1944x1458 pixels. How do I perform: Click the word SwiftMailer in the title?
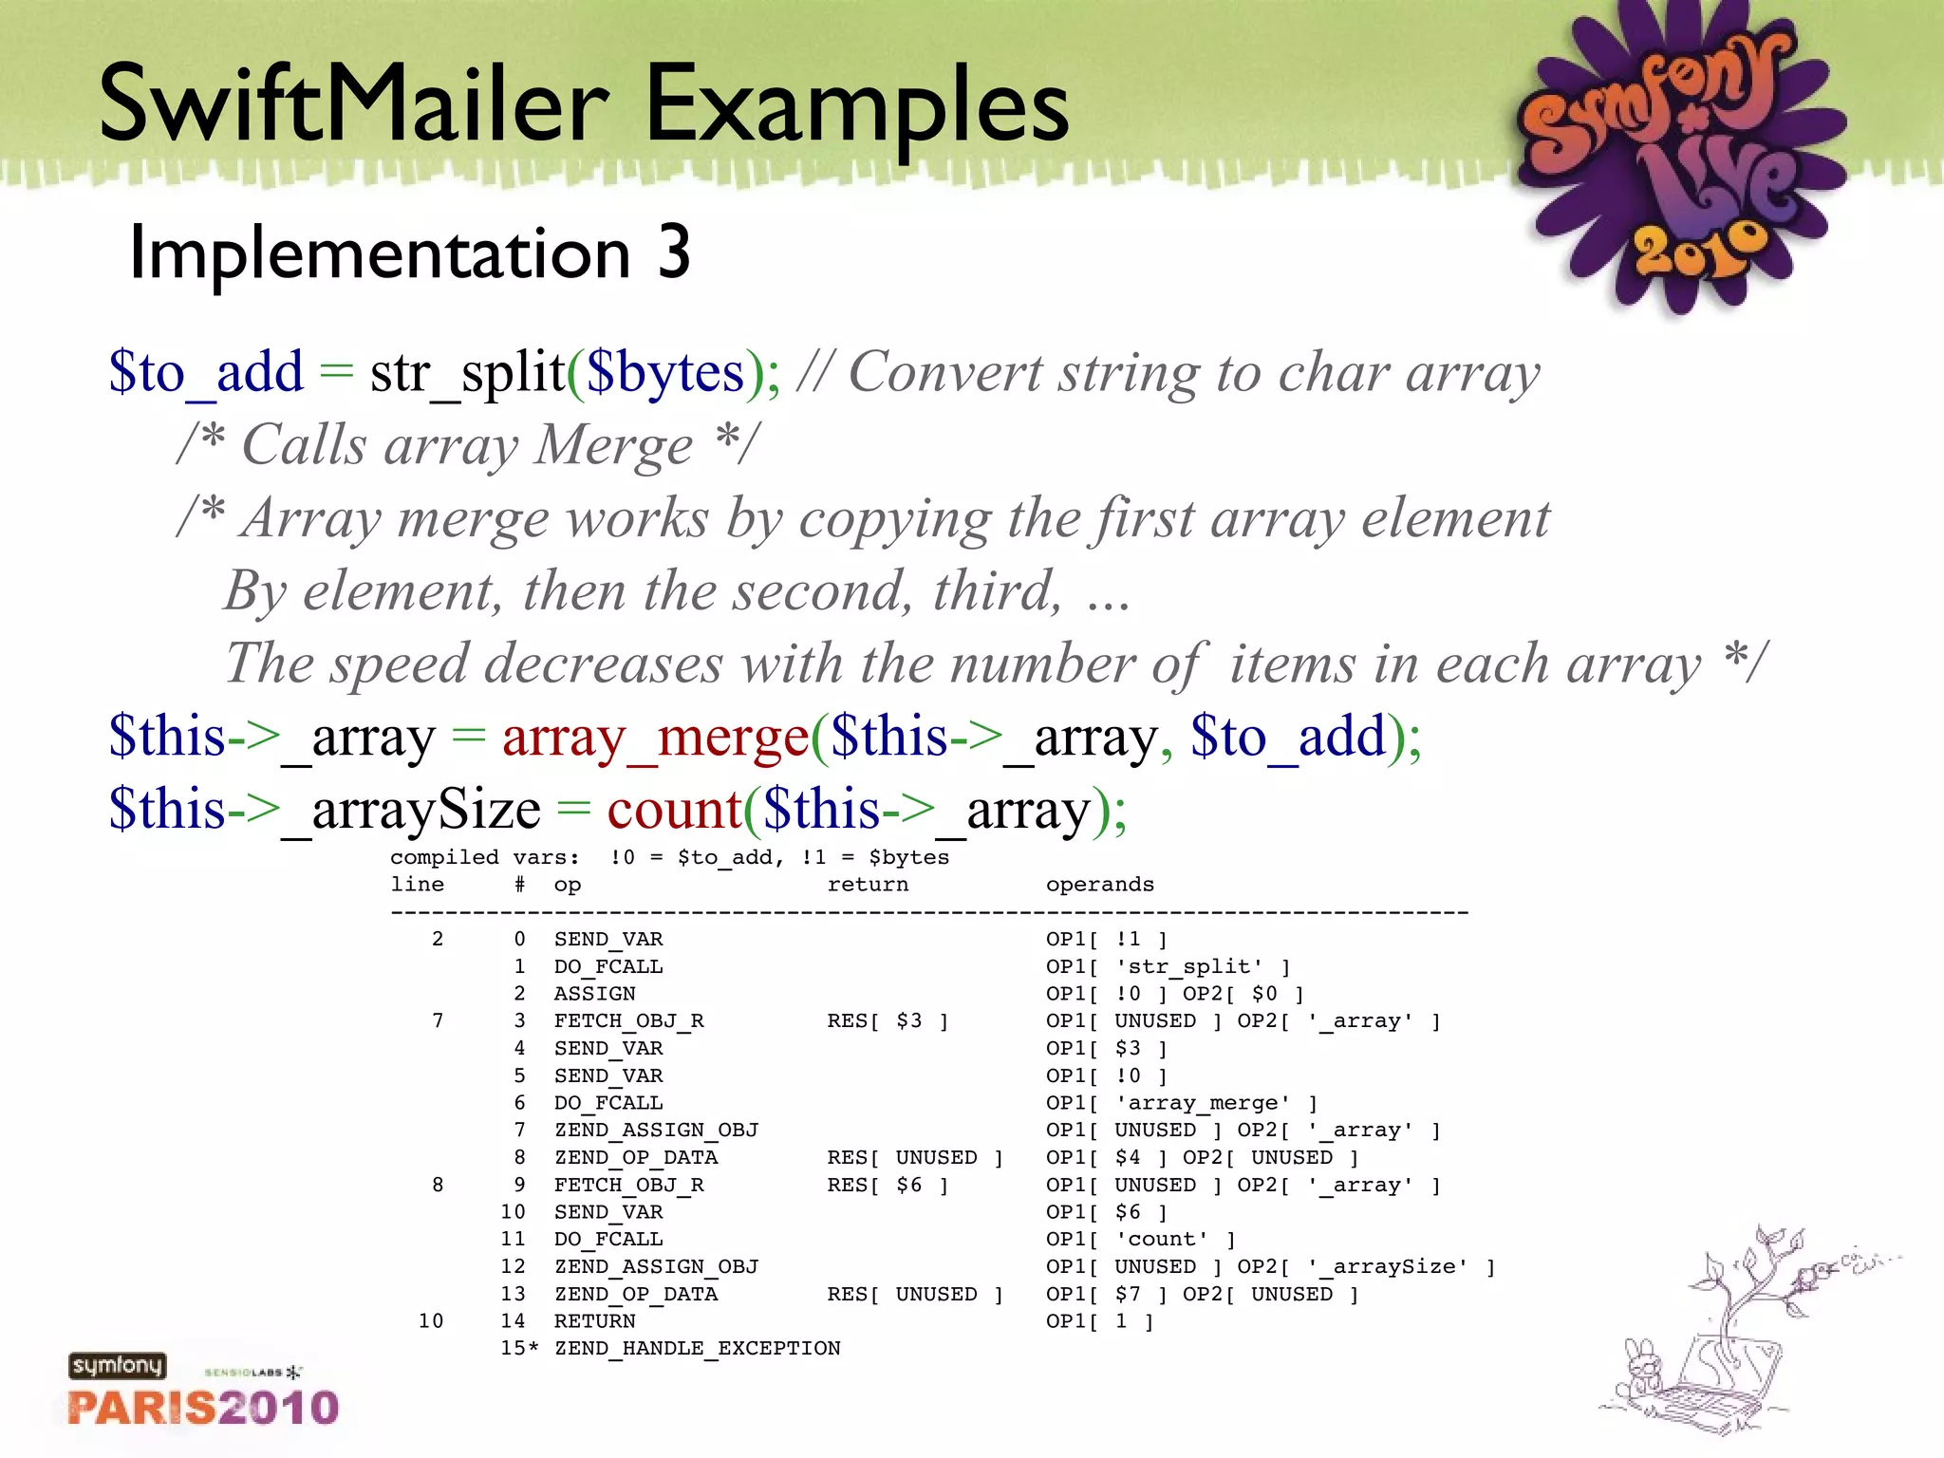point(353,104)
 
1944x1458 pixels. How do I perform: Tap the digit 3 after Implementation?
point(673,252)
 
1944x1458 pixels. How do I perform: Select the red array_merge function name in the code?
point(655,737)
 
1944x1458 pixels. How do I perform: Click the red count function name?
point(674,810)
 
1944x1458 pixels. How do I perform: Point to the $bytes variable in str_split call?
point(665,372)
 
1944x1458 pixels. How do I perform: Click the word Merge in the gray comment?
point(612,445)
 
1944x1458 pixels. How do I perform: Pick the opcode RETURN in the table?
point(594,1321)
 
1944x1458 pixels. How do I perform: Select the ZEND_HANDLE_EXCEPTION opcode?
point(697,1349)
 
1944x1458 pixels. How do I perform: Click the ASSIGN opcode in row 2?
point(594,994)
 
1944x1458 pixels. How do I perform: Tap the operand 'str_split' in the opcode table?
point(1189,966)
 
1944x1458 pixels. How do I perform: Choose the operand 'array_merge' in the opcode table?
point(1203,1103)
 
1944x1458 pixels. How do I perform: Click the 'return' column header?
point(867,885)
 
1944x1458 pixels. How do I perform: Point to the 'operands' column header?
point(1099,885)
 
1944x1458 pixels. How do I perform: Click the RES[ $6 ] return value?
point(888,1186)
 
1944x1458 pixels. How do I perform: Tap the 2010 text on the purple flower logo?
point(1699,249)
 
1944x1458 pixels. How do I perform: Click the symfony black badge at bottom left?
point(117,1366)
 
